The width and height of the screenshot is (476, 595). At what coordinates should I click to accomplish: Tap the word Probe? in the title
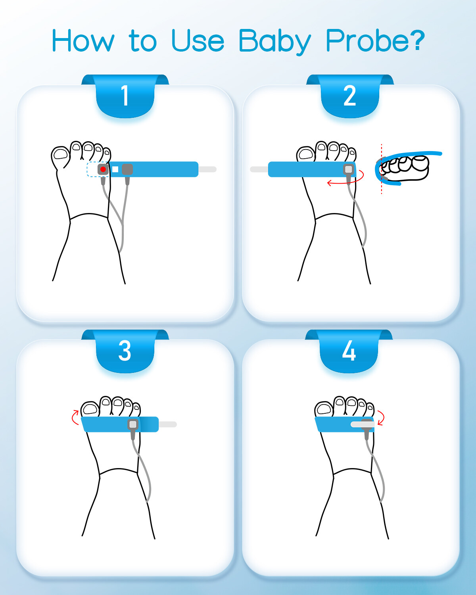click(375, 40)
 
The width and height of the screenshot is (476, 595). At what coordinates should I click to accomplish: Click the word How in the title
click(83, 40)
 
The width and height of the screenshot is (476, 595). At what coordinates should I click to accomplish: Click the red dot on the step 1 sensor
click(103, 169)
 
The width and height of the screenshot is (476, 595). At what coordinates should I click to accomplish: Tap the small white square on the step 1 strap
click(115, 169)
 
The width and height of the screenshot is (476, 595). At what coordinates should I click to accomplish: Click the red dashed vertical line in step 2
click(382, 169)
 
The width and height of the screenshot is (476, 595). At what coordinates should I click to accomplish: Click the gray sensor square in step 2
click(349, 169)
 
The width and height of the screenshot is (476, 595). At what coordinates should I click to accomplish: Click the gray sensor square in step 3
click(133, 424)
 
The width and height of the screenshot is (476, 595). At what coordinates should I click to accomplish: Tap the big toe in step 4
click(324, 409)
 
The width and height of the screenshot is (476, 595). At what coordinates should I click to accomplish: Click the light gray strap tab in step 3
click(168, 424)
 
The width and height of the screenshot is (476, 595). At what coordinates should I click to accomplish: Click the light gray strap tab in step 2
click(259, 169)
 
